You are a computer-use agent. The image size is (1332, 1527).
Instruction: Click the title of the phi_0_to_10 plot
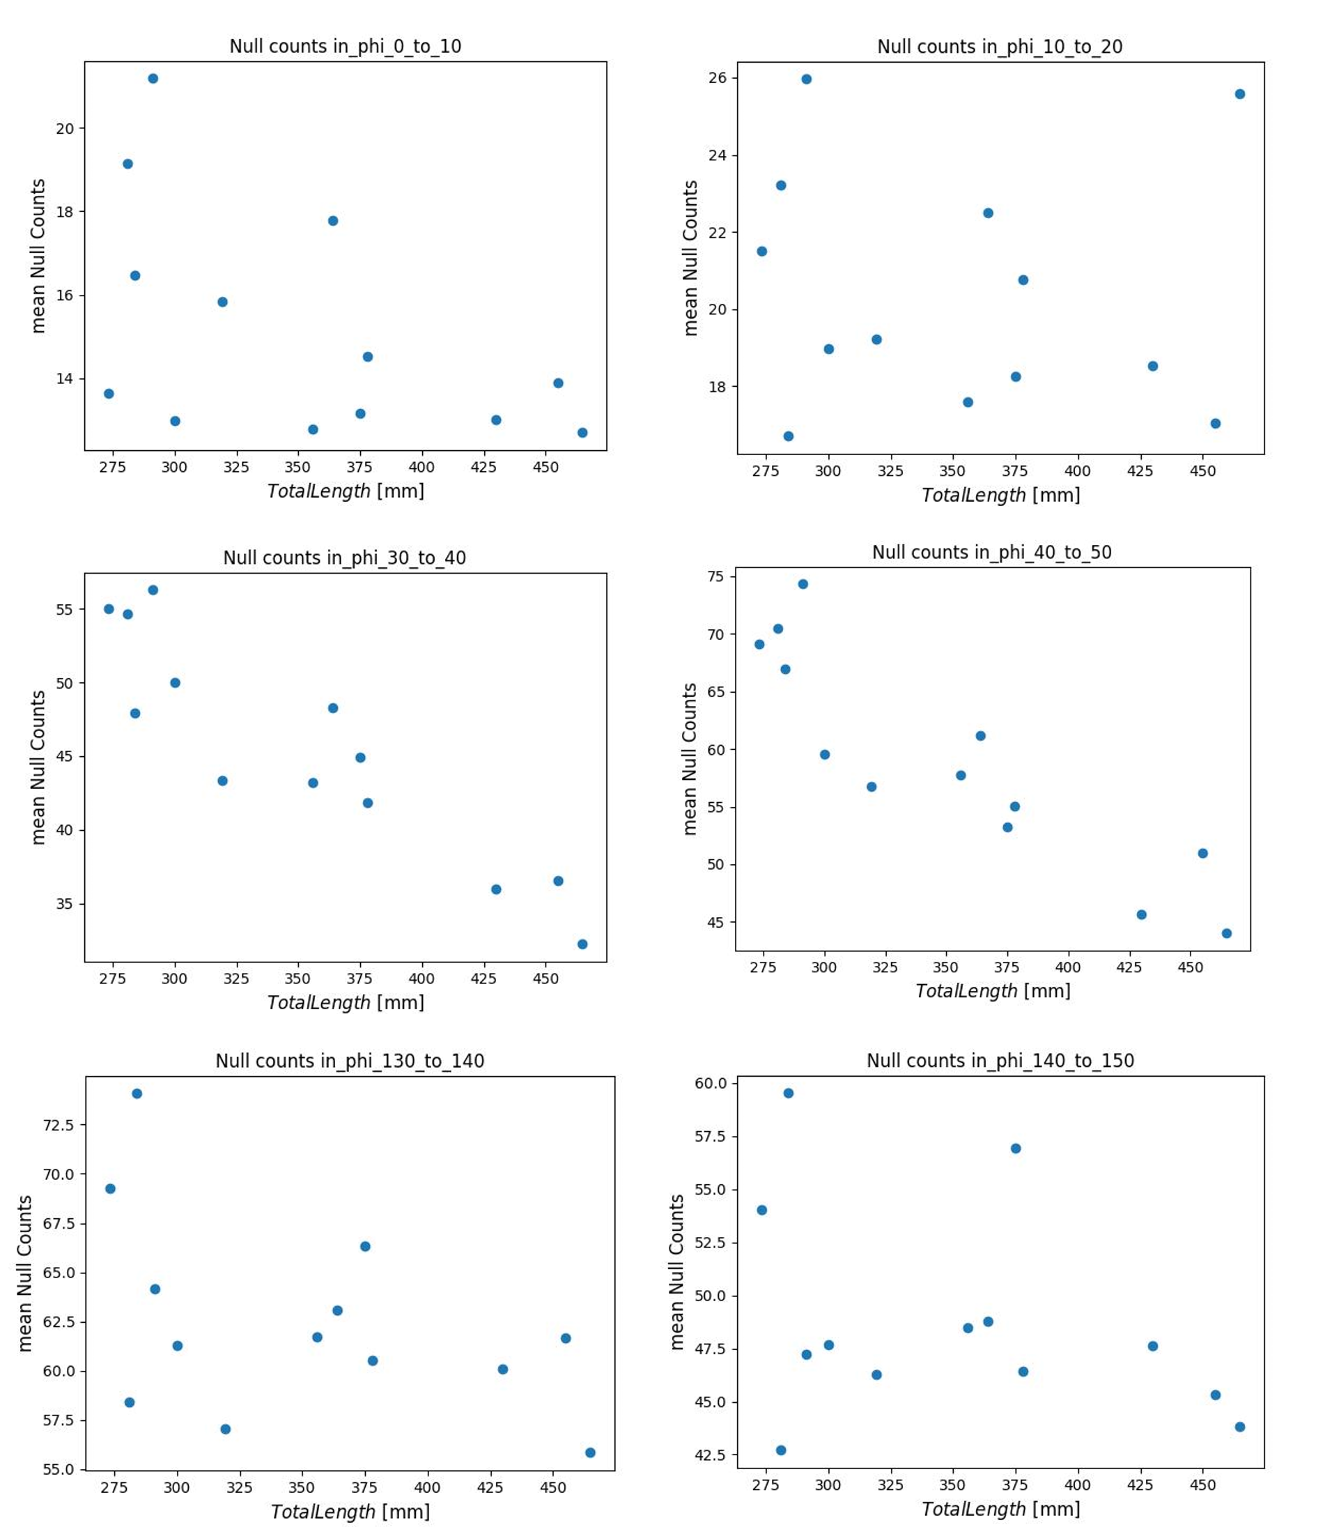(345, 46)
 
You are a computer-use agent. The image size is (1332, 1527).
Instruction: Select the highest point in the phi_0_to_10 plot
(153, 79)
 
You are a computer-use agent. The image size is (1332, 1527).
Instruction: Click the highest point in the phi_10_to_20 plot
(807, 79)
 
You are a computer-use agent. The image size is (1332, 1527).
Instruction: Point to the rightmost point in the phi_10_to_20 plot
(1240, 94)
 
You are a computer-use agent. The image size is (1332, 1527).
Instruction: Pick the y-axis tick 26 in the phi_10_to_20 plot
(718, 78)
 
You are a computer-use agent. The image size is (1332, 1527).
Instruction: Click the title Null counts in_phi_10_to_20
(999, 47)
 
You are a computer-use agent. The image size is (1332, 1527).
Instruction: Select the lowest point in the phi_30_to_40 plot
(582, 944)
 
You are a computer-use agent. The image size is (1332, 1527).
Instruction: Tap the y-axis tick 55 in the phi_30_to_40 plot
(65, 610)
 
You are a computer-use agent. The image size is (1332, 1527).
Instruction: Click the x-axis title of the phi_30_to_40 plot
(346, 1003)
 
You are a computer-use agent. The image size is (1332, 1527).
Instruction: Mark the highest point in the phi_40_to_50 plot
(803, 584)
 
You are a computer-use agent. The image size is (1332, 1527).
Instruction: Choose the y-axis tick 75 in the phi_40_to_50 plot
(715, 577)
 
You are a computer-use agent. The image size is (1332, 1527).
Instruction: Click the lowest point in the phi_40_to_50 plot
(1226, 934)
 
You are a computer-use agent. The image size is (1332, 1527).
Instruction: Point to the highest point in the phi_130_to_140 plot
(137, 1094)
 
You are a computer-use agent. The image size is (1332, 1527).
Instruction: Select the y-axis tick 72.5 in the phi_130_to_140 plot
(59, 1126)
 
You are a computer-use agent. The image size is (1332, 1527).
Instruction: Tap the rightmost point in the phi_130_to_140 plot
(590, 1452)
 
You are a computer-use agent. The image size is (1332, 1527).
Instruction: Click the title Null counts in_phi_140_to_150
(1000, 1061)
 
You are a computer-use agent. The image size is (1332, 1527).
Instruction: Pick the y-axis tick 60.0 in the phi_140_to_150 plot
(711, 1083)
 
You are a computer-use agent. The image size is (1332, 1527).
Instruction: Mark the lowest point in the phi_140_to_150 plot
(780, 1450)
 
